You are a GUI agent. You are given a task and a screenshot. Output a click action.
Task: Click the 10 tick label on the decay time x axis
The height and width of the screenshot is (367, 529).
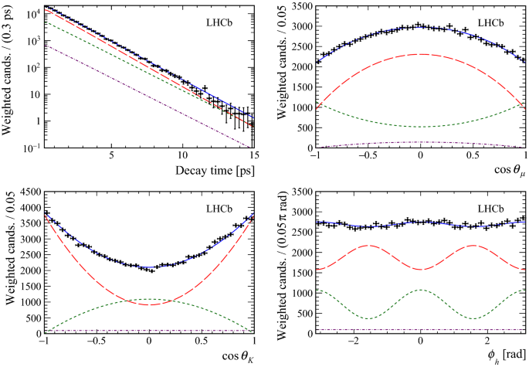click(182, 155)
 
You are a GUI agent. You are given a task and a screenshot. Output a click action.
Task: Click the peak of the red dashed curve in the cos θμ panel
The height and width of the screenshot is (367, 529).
click(420, 54)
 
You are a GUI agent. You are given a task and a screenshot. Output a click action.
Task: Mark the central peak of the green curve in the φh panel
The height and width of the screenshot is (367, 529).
click(420, 291)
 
